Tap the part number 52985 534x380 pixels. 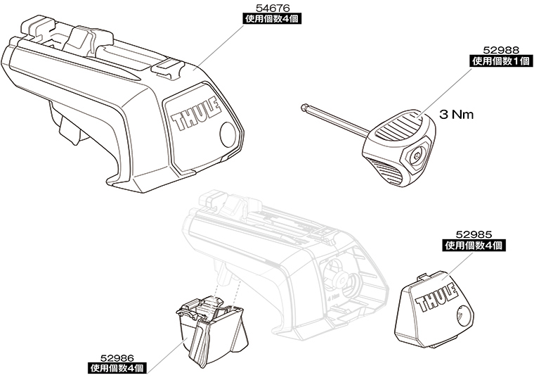pyautogui.click(x=474, y=236)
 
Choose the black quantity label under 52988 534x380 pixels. pyautogui.click(x=499, y=62)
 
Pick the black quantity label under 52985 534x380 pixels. pyautogui.click(x=474, y=246)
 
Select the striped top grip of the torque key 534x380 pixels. pyautogui.click(x=398, y=127)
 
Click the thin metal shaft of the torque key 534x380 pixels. pyautogui.click(x=337, y=122)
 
